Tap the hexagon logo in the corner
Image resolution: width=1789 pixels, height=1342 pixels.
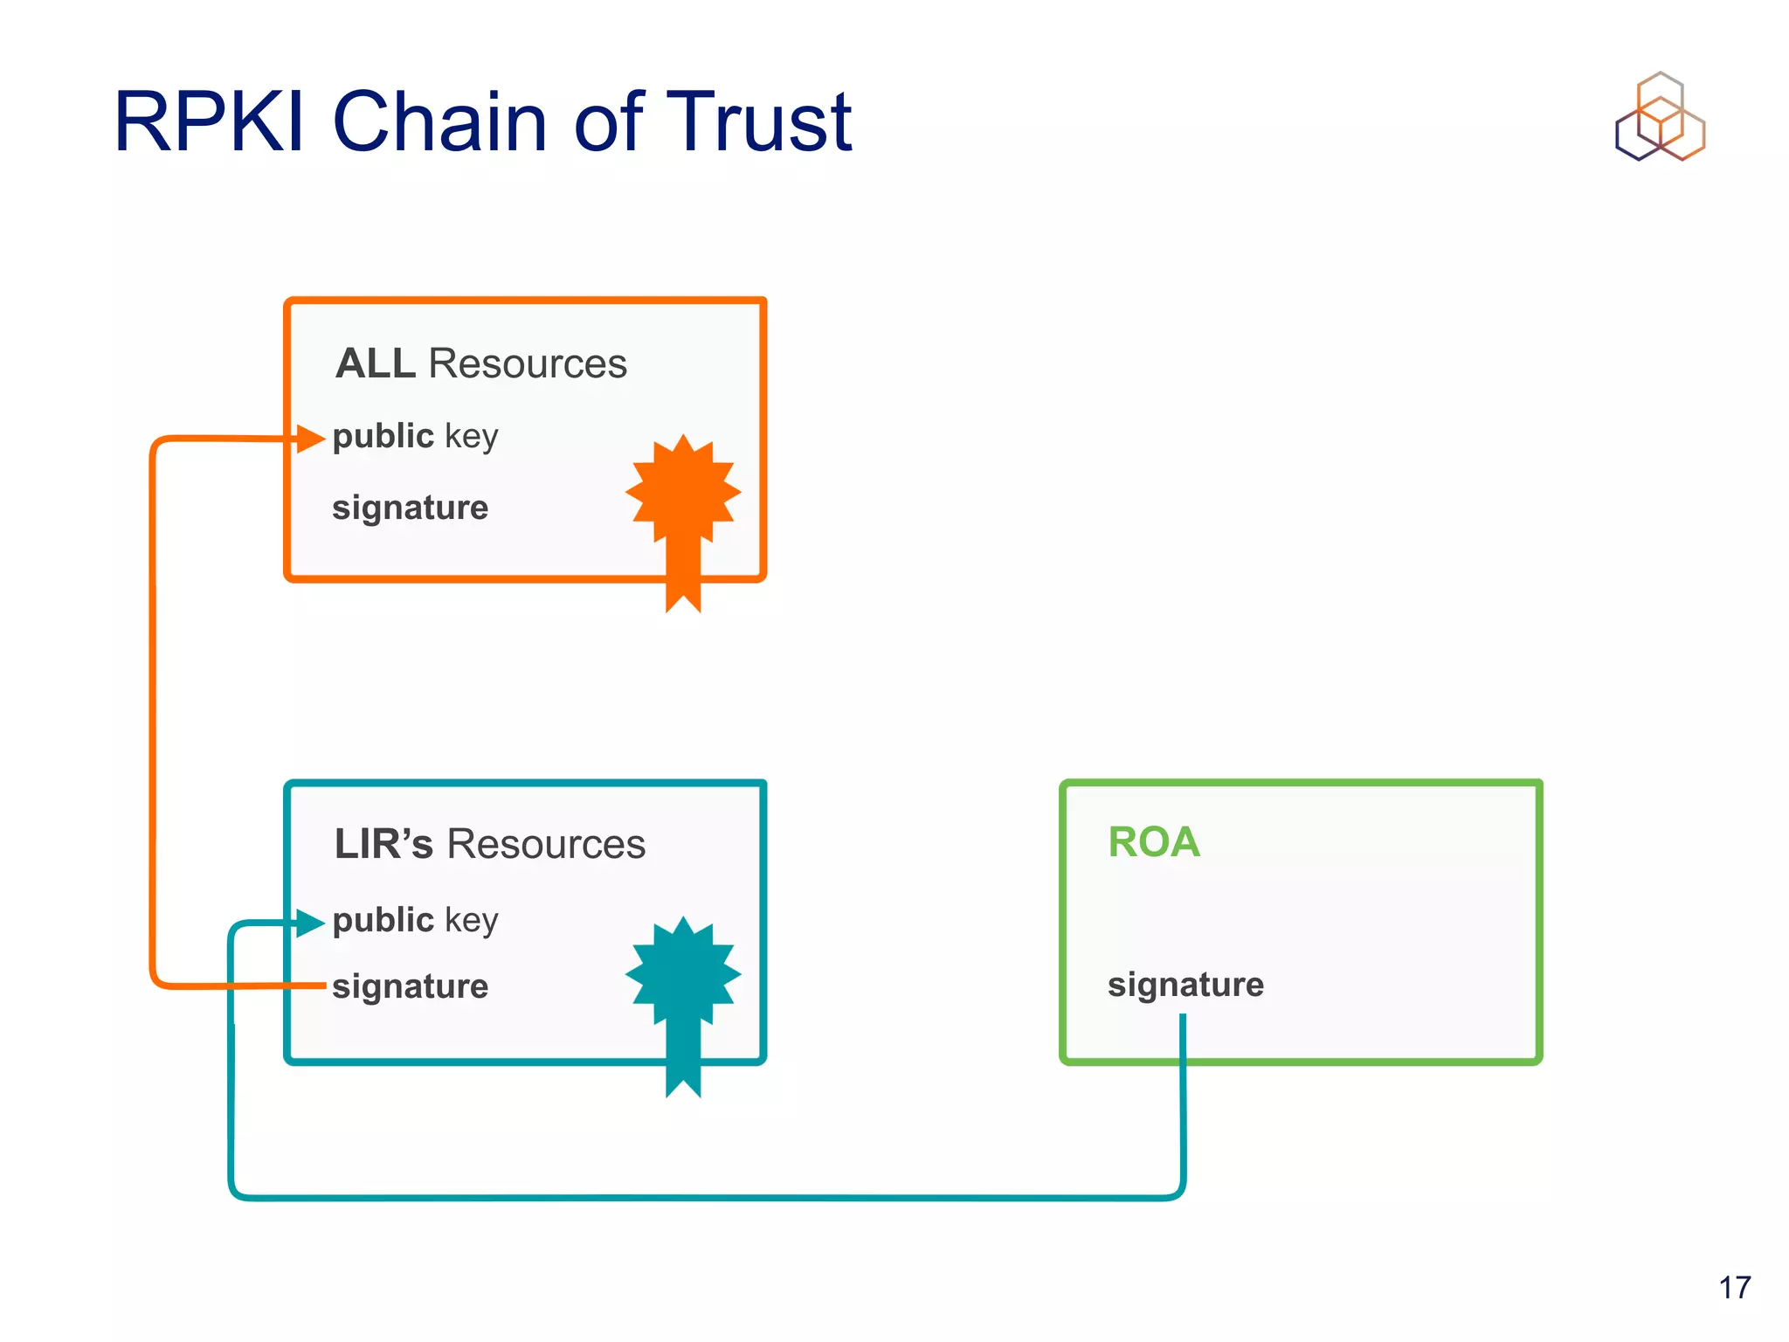pos(1660,118)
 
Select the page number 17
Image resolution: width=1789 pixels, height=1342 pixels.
pos(1734,1287)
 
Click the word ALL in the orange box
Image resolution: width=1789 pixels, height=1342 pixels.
pos(376,363)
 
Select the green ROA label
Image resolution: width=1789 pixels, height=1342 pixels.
pos(1153,842)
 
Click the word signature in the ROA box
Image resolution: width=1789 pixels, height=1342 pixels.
pos(1185,985)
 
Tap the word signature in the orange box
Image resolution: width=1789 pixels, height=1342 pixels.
pos(410,508)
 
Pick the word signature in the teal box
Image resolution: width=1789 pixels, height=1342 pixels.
pos(410,986)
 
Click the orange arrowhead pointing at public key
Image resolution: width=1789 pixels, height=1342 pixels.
pos(309,439)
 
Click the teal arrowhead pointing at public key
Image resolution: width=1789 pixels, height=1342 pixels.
pos(309,923)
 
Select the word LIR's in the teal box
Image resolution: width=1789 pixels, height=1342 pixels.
pos(383,844)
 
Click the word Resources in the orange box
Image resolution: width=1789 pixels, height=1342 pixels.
pos(528,363)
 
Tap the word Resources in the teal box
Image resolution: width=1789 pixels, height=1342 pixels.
pos(546,844)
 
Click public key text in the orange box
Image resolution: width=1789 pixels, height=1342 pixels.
pos(415,436)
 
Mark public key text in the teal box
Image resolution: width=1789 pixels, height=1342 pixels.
pos(415,920)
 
